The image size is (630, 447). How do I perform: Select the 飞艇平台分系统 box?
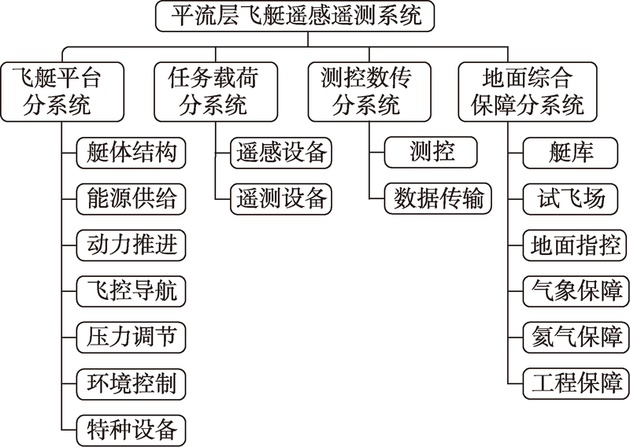coord(57,91)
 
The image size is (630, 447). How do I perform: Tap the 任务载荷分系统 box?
coord(213,91)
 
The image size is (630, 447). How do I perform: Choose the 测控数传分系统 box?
coord(365,91)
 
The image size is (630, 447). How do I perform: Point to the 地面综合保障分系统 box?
coord(528,91)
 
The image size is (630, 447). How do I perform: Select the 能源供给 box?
coord(131,198)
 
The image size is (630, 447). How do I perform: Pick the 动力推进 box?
coord(131,244)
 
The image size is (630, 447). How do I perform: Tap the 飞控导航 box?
coord(131,290)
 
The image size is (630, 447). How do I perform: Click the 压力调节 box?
coord(131,337)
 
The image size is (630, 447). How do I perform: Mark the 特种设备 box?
coord(131,430)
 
